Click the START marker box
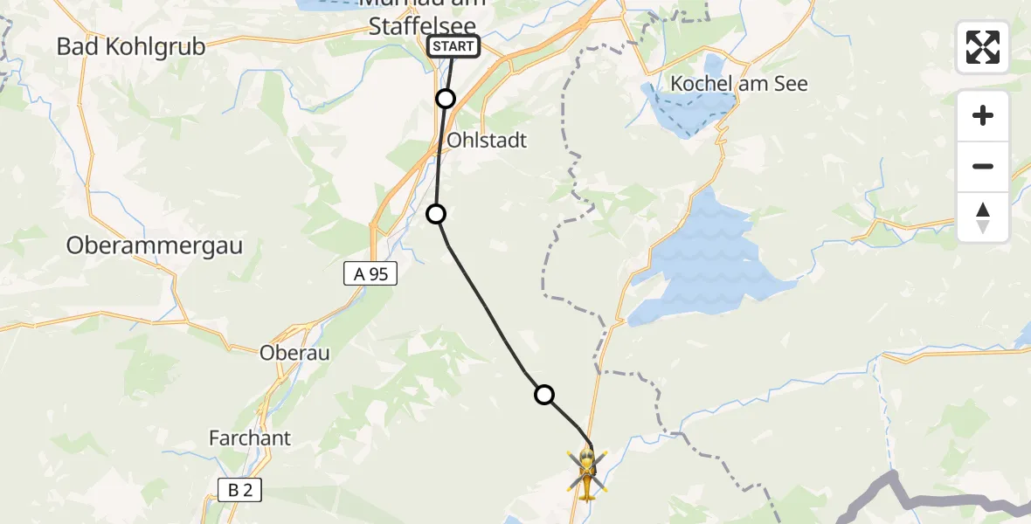453,46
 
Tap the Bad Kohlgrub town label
131,46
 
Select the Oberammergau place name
155,246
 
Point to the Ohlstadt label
487,141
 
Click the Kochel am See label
739,84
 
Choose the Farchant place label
250,438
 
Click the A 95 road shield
370,274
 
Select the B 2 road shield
239,490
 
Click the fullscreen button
983,47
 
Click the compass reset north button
983,217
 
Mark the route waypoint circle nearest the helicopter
544,395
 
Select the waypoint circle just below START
446,99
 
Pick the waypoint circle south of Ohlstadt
435,213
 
